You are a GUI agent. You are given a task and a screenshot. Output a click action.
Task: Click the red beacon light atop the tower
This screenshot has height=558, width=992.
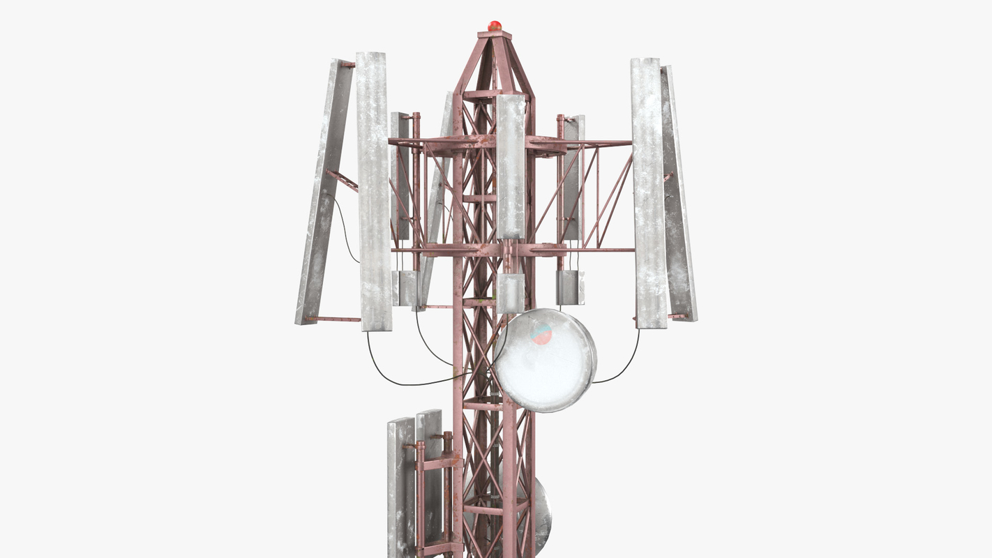coord(495,26)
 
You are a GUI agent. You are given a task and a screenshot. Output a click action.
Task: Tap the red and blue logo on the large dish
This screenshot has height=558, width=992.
coord(541,335)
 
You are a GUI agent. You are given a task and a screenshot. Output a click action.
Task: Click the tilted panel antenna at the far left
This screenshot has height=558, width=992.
coord(324,192)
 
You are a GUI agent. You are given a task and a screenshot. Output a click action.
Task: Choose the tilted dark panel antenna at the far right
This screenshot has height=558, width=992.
coord(679,195)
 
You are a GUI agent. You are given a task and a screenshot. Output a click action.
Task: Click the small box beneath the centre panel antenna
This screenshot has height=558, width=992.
coord(511,292)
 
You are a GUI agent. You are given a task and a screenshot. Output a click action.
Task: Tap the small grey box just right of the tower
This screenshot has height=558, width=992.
coord(570,287)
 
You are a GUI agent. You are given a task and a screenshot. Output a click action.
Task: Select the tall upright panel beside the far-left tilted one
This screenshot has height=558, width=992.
coord(374,192)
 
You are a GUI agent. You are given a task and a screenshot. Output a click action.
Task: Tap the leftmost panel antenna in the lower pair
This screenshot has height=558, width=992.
coord(400,488)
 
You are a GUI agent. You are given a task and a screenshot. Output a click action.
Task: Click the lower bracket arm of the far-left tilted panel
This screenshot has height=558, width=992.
coord(333,319)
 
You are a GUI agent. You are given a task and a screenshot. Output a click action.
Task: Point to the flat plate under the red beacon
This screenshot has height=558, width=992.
coord(495,34)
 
